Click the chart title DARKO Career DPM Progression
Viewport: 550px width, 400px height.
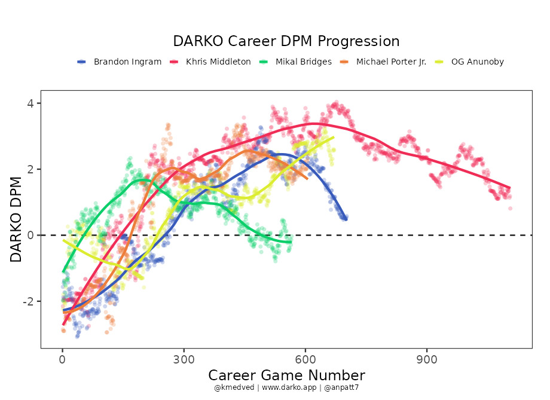pos(286,41)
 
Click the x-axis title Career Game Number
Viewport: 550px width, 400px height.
pos(286,375)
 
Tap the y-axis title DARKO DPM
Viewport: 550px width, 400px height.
pos(16,220)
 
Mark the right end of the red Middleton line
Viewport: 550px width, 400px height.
pos(509,187)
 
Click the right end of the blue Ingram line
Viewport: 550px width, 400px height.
pos(346,219)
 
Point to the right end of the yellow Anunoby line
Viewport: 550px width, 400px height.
pos(333,137)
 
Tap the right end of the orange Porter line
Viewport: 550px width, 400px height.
pos(307,178)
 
